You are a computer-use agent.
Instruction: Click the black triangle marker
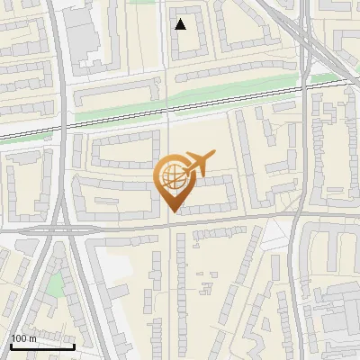(181, 24)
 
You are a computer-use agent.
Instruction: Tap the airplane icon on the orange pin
(196, 164)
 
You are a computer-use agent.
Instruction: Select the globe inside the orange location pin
(172, 177)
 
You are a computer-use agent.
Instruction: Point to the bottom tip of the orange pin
(172, 212)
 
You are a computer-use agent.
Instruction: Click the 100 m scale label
(23, 337)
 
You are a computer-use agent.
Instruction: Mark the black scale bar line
(42, 346)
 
